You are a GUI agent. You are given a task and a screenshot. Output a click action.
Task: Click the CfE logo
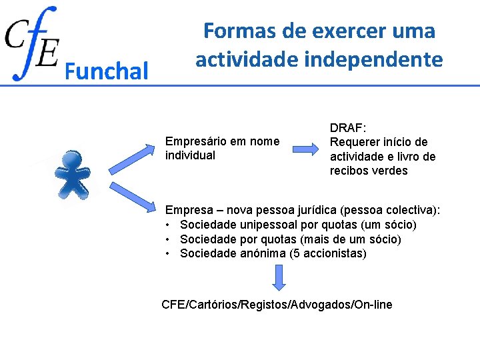tap(32, 43)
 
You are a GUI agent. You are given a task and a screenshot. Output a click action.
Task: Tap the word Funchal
tap(107, 71)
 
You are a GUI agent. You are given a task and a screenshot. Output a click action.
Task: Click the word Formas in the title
tap(233, 31)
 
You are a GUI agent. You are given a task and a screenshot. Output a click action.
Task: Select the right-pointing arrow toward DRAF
tap(307, 148)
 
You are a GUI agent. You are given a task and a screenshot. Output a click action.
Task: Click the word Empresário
tap(197, 141)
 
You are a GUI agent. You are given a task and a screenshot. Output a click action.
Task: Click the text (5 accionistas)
tap(333, 253)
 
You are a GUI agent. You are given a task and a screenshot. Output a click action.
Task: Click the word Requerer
tap(353, 142)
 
